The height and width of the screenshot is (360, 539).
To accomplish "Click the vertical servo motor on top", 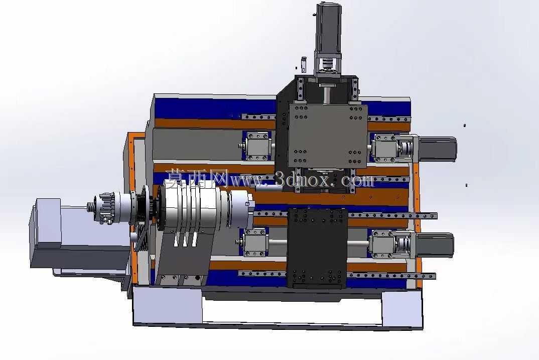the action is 329,28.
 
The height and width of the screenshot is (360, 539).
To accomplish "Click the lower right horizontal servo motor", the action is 435,245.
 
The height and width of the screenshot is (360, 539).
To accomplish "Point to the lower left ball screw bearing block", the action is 256,243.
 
